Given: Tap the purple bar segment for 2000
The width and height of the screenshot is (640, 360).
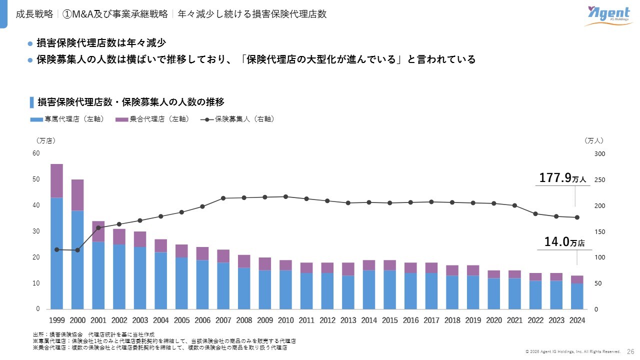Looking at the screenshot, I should pos(77,195).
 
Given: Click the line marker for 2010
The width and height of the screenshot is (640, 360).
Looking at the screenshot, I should pos(285,196).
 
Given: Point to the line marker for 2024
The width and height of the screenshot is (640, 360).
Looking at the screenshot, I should pos(577,217).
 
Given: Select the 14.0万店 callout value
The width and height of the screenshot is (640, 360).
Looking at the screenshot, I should pos(564,242).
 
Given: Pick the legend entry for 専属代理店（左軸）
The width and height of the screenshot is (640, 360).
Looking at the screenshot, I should pos(67,119).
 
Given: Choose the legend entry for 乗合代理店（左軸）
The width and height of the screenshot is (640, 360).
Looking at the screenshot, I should pos(152,119).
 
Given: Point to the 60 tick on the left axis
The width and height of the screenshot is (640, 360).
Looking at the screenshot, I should pos(36,153).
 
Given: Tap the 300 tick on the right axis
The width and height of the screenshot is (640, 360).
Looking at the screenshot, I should pos(599,154).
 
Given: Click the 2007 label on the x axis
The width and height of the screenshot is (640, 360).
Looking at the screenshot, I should pos(223,320).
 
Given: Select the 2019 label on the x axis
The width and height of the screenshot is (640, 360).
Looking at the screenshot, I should pos(473,320).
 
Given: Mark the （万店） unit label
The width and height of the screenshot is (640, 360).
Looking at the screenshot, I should pos(45,141).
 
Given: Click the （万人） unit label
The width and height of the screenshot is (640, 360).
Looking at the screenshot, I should pos(594,141).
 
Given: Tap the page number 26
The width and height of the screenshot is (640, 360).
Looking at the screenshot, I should pos(630,352).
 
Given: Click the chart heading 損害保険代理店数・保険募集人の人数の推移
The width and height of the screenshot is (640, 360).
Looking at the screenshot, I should pos(131,102).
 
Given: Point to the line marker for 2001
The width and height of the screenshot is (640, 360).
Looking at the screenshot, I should pos(98,227).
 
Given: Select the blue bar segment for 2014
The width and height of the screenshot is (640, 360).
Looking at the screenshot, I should pos(369,289).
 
